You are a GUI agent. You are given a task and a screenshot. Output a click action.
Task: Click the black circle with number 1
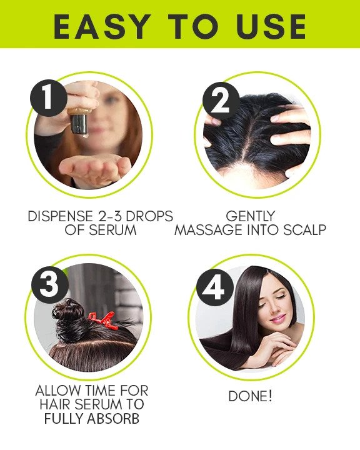[49, 98]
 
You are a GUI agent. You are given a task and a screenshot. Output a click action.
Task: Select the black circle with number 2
[221, 101]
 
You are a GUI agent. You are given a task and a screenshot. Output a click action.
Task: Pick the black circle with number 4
[214, 287]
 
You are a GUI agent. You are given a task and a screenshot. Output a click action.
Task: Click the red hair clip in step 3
[103, 321]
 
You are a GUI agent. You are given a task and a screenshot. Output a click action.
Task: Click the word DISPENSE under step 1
[60, 216]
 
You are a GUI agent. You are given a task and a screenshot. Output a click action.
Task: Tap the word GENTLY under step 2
[251, 216]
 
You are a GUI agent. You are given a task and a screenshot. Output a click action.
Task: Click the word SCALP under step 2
[305, 230]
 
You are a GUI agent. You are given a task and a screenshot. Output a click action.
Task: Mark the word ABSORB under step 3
[113, 419]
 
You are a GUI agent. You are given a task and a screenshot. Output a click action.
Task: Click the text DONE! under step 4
[250, 397]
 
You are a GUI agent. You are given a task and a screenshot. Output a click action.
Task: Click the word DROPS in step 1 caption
[149, 216]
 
